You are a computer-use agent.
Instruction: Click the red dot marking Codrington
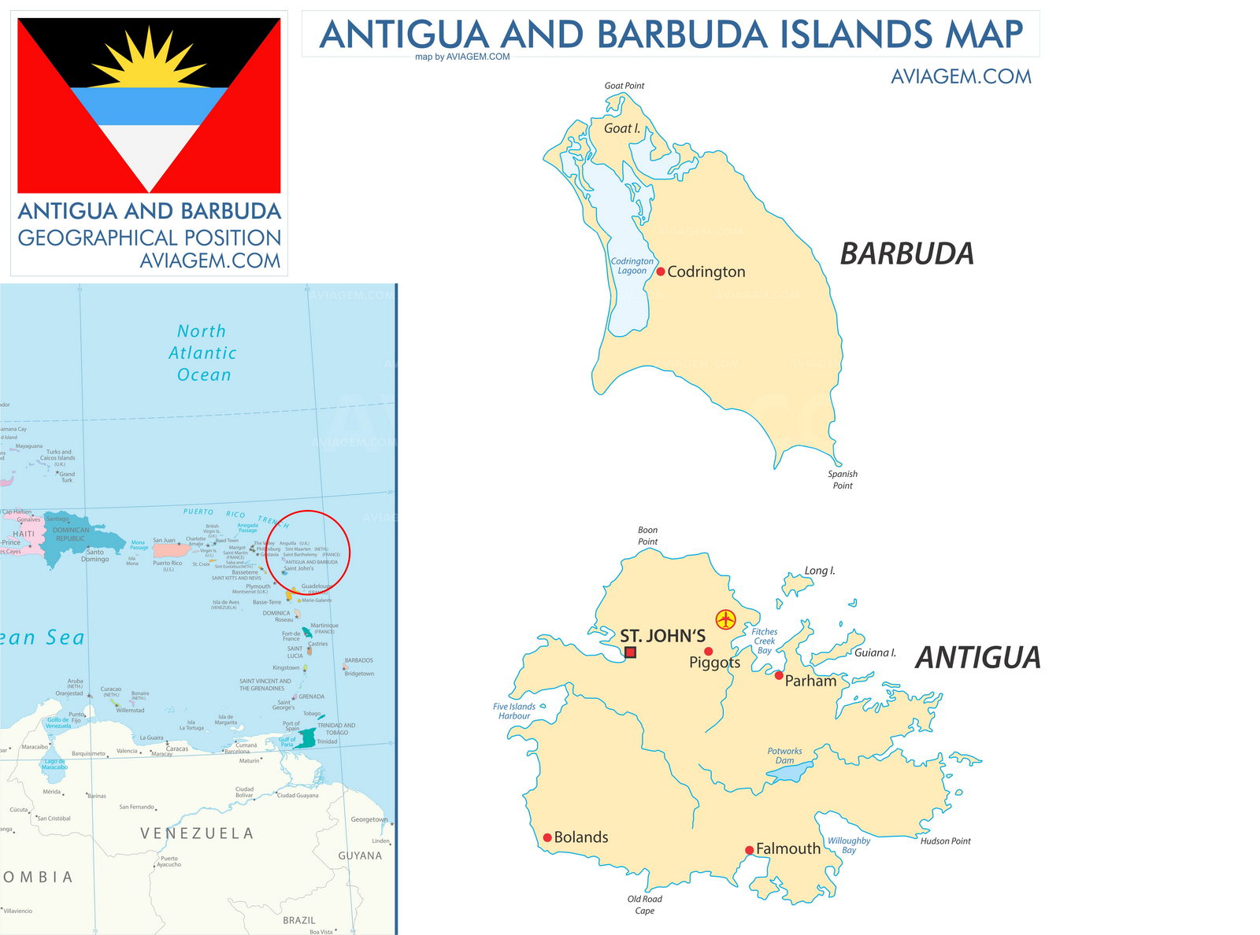pos(661,272)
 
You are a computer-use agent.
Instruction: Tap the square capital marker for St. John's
pos(630,652)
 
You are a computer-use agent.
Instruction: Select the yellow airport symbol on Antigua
pos(725,619)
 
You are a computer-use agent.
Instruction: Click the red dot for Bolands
pos(547,837)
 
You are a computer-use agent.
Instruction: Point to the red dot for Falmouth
pos(750,850)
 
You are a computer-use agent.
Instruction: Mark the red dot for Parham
pos(779,675)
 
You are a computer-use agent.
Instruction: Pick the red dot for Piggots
pos(709,651)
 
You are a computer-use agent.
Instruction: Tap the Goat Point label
pos(624,86)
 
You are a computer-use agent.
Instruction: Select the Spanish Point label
pos(843,479)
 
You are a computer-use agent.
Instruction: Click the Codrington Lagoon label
pos(632,266)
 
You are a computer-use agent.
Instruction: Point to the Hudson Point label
pos(945,841)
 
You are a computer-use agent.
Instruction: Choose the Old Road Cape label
pos(645,904)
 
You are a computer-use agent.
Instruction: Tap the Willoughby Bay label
pos(849,845)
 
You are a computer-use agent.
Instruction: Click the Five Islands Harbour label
pos(514,711)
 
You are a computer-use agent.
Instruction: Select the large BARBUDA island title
pos(906,253)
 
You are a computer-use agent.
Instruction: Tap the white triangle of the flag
pos(150,153)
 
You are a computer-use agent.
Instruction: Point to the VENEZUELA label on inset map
pos(197,833)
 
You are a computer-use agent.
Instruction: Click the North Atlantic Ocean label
pos(202,353)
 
